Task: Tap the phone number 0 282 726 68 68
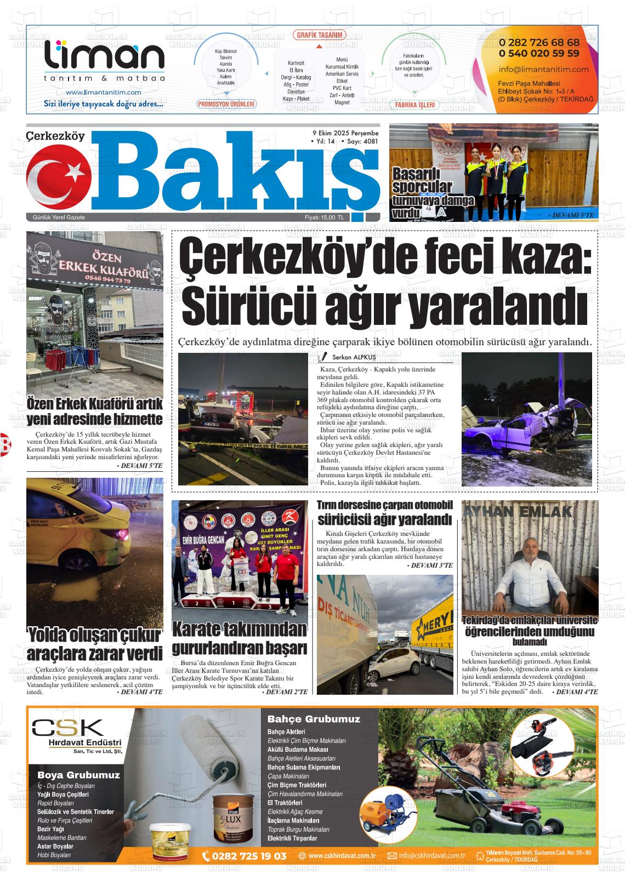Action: pyautogui.click(x=538, y=43)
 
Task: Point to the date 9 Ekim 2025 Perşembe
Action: pyautogui.click(x=345, y=133)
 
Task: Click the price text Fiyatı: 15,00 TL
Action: pyautogui.click(x=325, y=218)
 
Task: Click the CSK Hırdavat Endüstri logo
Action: pyautogui.click(x=76, y=734)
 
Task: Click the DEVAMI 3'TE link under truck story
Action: pyautogui.click(x=430, y=565)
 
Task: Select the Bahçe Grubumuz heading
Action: pyautogui.click(x=314, y=719)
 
